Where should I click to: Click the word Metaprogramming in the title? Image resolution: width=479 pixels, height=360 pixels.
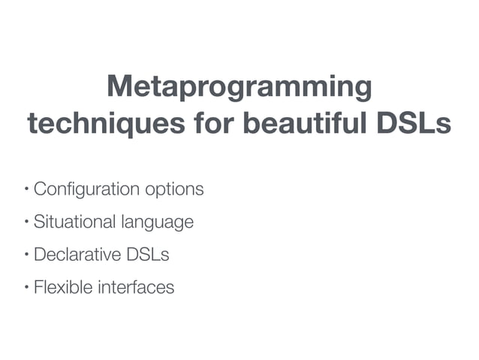click(x=239, y=88)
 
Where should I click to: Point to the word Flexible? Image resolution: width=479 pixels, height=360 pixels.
click(x=60, y=286)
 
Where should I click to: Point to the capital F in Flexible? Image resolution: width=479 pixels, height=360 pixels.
click(x=38, y=286)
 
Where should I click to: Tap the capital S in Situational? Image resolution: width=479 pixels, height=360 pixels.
click(x=39, y=222)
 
